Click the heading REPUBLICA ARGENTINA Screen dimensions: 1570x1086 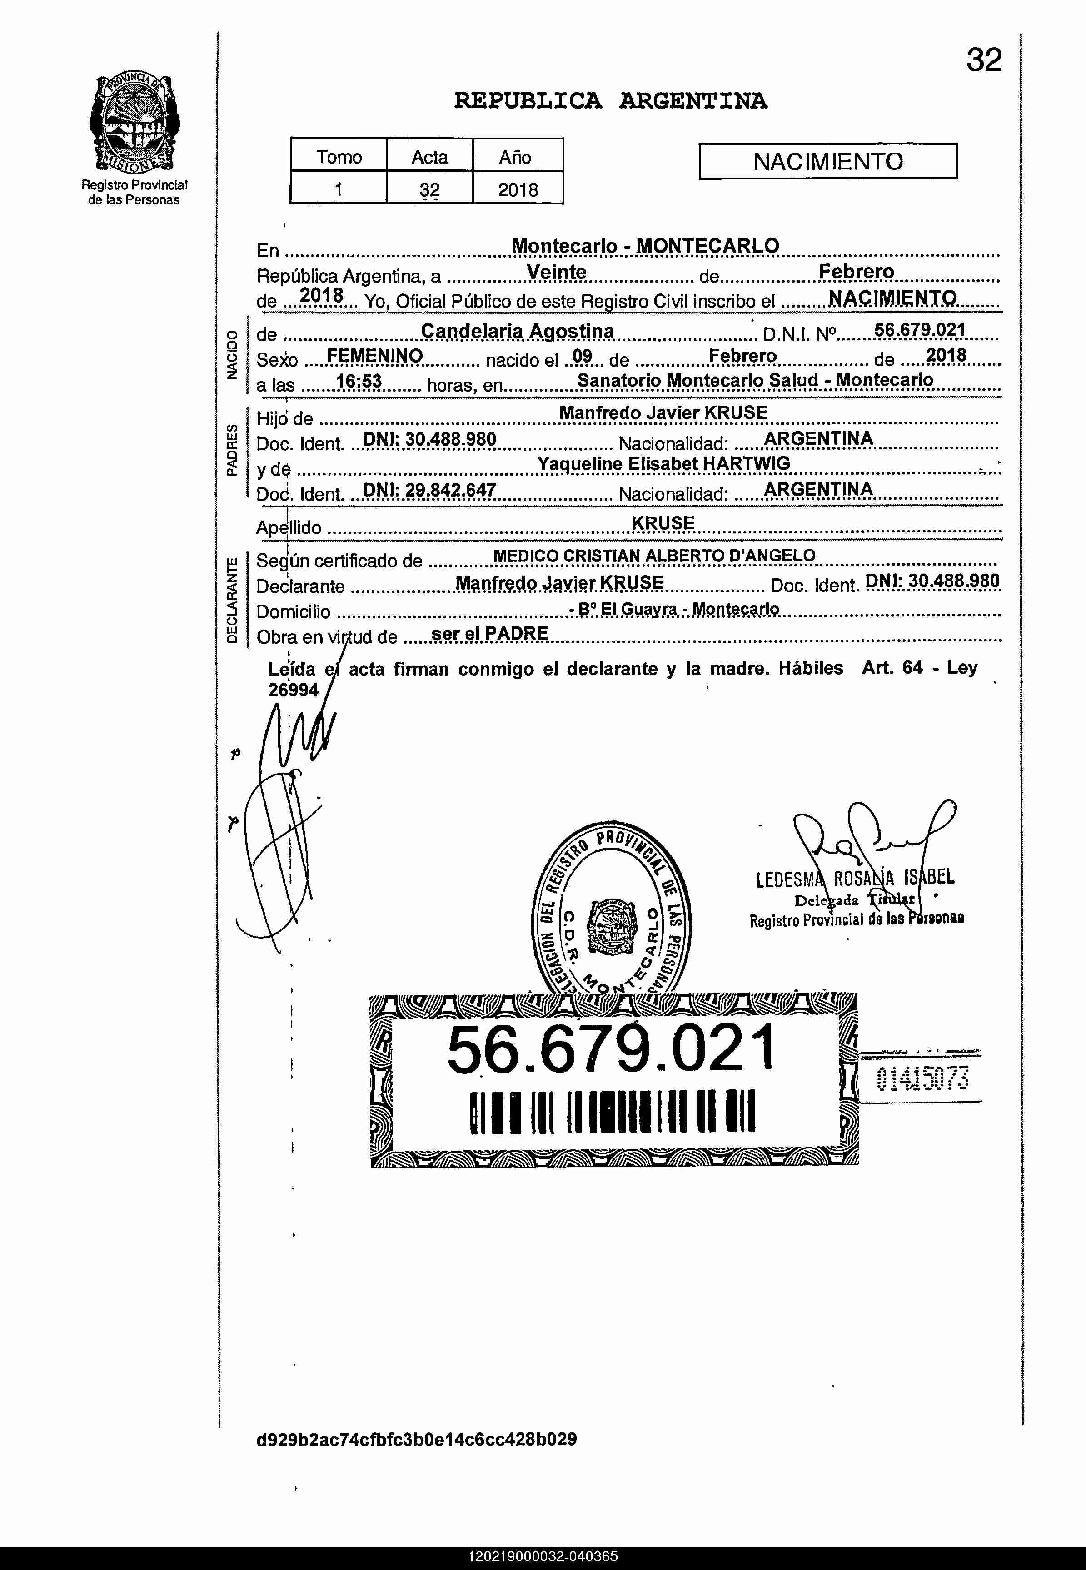point(610,101)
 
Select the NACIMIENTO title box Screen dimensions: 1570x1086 point(827,161)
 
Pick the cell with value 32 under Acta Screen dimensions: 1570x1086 point(429,189)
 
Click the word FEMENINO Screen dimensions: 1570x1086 point(375,356)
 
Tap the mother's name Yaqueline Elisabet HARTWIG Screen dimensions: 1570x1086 point(663,464)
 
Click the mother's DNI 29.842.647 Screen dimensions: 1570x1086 point(429,491)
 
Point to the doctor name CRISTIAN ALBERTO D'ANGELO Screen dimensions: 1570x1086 point(688,556)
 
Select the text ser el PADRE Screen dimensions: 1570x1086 point(490,634)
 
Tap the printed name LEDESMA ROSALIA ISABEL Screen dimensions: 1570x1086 point(855,878)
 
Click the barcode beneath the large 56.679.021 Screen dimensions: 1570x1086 point(613,1112)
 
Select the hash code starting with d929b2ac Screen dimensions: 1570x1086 point(416,1439)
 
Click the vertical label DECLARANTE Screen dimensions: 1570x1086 point(232,600)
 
